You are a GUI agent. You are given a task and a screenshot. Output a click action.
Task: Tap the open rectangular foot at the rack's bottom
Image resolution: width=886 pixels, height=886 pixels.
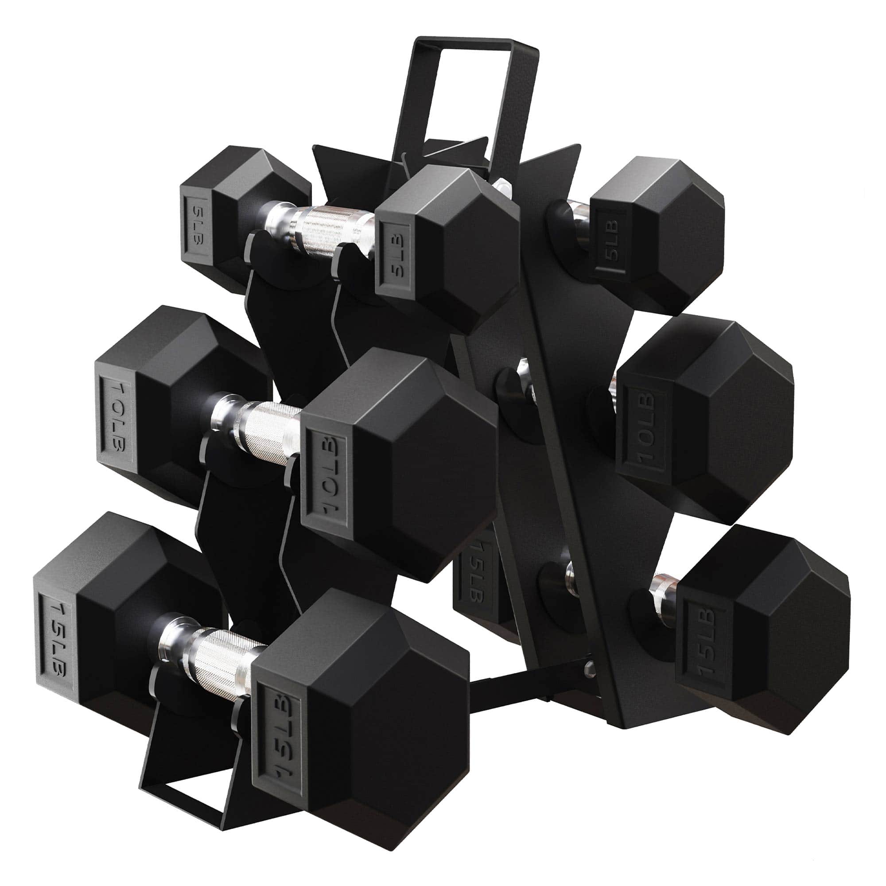193,775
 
